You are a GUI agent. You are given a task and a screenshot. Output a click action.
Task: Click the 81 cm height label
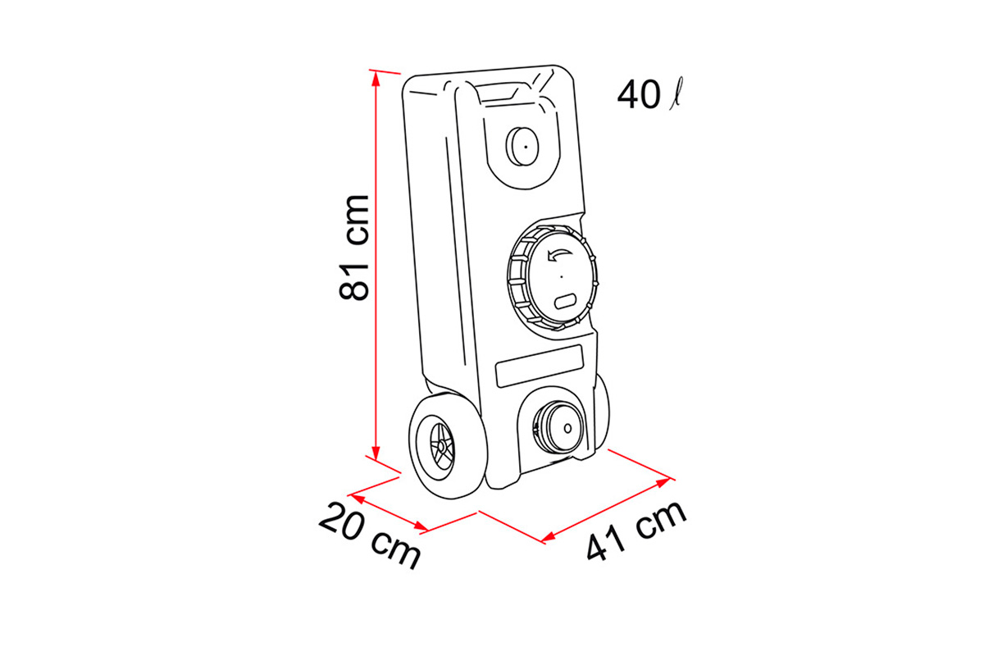coord(354,248)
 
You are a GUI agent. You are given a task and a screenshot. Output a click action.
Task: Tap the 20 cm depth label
coord(370,535)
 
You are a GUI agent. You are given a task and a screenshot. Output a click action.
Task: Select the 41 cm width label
coord(636,531)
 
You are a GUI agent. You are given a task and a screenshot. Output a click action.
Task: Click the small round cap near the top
coord(522,146)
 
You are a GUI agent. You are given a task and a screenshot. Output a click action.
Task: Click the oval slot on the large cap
coord(566,301)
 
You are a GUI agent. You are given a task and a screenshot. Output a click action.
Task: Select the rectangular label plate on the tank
coord(540,366)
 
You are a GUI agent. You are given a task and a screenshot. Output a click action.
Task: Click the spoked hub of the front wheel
coord(441,447)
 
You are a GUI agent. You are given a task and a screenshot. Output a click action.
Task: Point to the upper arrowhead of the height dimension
coord(376,80)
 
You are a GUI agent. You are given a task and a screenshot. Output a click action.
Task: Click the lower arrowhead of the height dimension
coord(376,453)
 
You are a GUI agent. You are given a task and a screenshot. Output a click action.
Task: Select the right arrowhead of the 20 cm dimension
coord(421,526)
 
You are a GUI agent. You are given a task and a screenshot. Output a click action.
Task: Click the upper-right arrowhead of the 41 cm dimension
coord(663,482)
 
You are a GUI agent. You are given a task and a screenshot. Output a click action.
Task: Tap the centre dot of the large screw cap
coord(562,276)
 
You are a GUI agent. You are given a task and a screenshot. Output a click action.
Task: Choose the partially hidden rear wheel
coord(602,413)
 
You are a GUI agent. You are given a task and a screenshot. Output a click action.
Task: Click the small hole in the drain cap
coord(567,428)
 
